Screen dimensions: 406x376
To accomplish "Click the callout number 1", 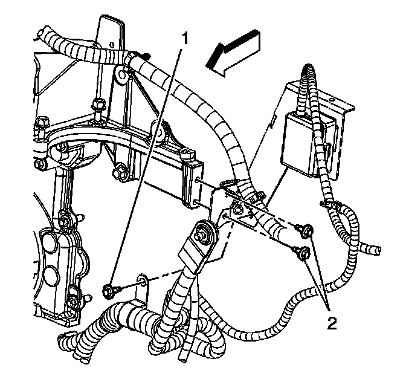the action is coord(185,39).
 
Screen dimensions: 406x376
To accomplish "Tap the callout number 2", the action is coord(331,323).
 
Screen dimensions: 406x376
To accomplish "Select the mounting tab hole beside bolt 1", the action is coord(142,280).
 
